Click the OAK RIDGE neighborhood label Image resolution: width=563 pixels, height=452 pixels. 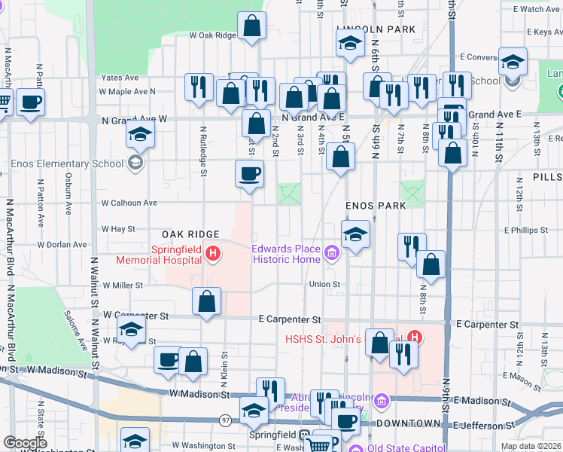[189, 234]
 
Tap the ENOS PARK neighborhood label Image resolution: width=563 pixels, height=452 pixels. [376, 205]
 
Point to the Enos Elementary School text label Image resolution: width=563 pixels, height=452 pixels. [65, 163]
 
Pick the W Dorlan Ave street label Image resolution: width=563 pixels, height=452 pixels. [62, 245]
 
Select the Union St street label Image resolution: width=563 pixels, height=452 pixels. [325, 284]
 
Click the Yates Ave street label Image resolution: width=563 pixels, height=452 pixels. [120, 77]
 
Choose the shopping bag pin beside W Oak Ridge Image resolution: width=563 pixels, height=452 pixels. [252, 27]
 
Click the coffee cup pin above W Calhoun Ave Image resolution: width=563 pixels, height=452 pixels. [250, 175]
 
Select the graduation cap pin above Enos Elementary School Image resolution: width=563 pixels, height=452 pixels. [140, 136]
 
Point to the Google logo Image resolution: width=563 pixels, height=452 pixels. [24, 443]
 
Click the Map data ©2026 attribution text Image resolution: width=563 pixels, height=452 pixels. [531, 446]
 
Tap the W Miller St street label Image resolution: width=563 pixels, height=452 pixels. [123, 286]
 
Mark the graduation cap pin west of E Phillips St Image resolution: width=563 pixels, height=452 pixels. [355, 234]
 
